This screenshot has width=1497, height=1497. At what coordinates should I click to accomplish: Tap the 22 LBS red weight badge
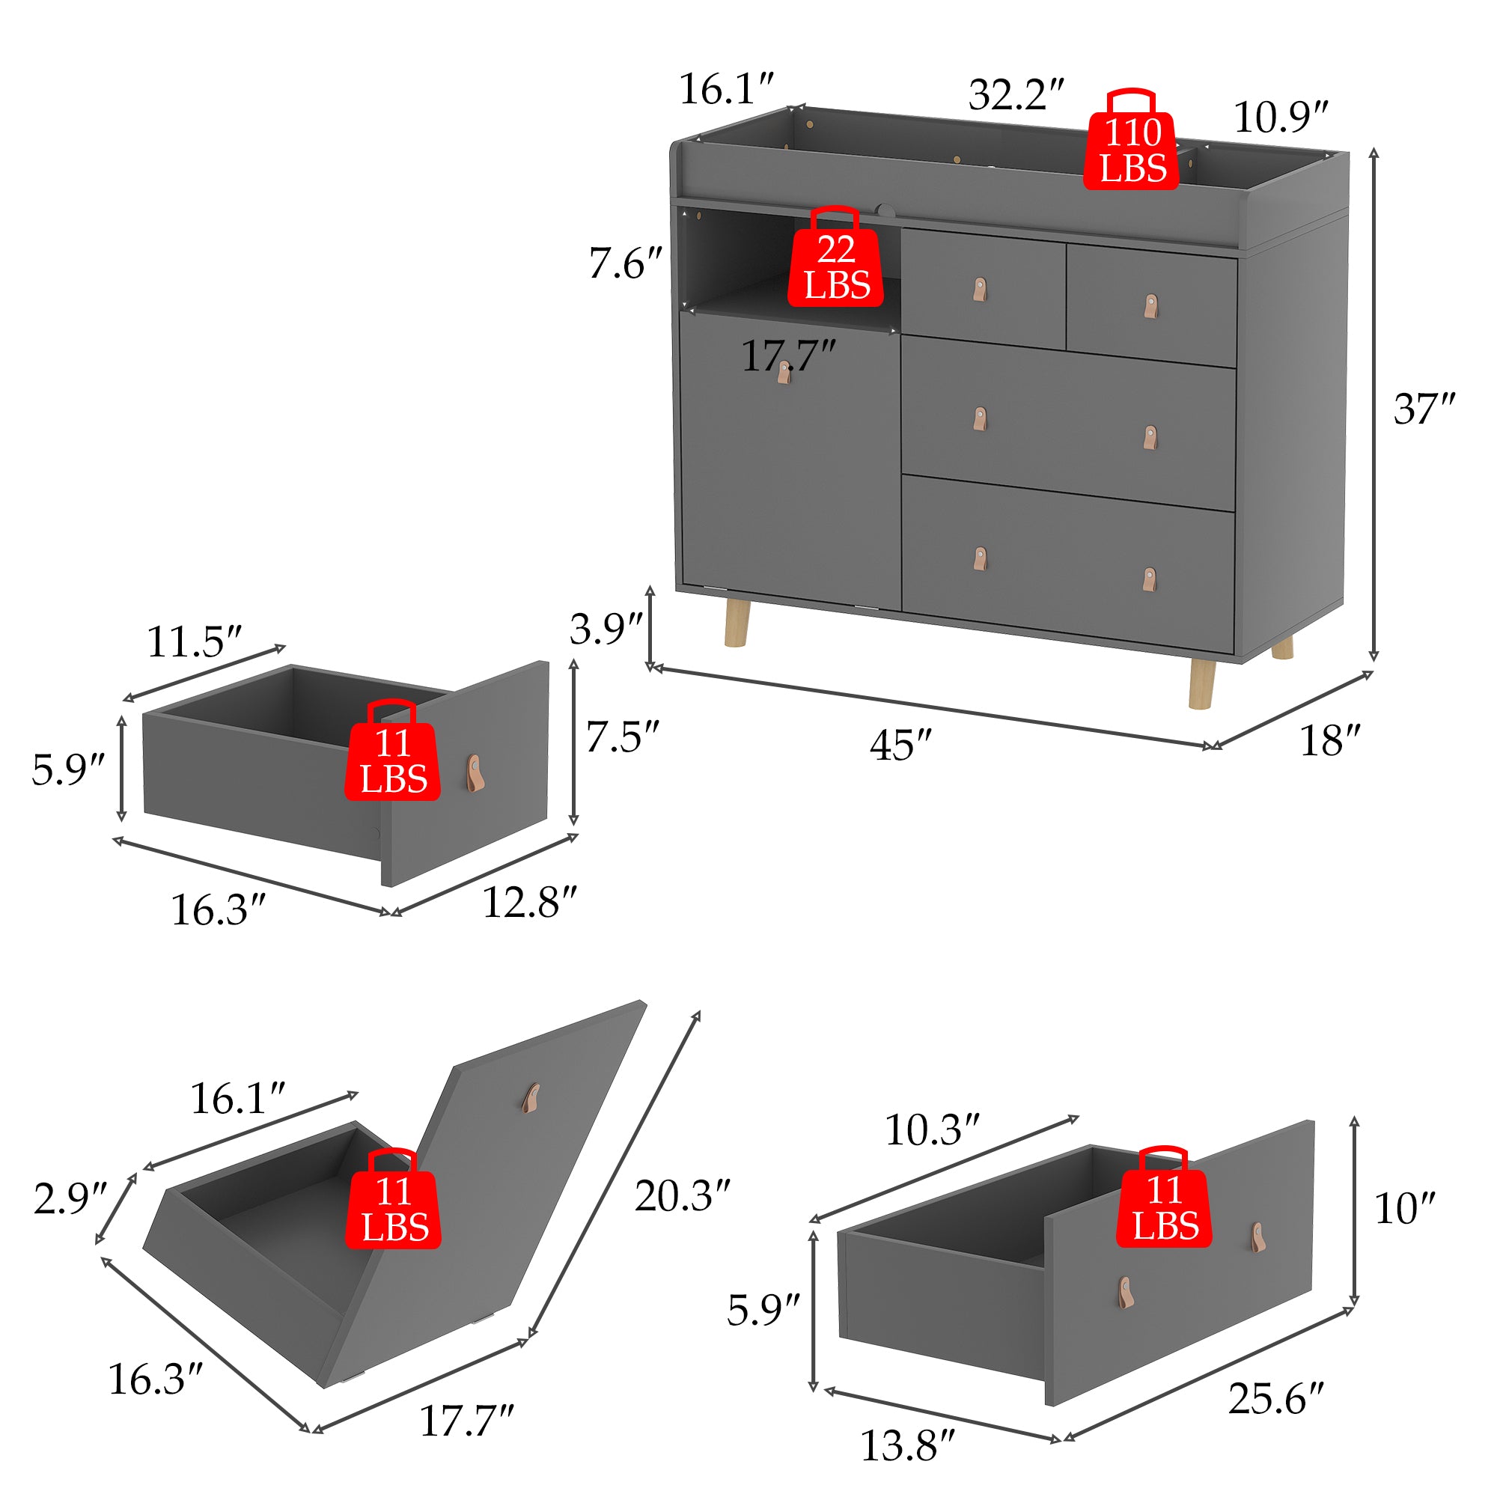pos(835,257)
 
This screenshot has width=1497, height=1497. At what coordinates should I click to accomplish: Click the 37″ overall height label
pos(1424,409)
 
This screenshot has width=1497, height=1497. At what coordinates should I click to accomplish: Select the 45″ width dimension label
pos(900,746)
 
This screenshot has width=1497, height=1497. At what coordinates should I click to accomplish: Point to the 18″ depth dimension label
pos(1329,741)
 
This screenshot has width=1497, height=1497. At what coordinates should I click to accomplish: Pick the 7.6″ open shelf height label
pos(625,263)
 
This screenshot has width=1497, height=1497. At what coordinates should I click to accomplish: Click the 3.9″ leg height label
pos(607,629)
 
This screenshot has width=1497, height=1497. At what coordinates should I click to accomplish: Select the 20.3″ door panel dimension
pos(683,1196)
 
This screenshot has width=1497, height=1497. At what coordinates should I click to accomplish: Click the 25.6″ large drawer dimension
pos(1276,1399)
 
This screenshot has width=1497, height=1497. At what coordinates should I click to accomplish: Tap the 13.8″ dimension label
pos(908,1446)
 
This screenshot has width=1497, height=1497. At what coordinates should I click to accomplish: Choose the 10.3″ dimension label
pos(932,1130)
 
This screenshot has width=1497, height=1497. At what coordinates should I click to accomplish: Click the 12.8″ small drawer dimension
pos(530,903)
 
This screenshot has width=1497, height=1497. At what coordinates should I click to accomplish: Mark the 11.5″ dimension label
pos(195,641)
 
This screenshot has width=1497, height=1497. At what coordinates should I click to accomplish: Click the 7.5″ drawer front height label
pos(622,737)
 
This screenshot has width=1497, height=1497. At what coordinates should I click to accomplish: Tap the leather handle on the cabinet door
pos(784,373)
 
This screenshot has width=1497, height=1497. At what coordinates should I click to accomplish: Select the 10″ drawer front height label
pos(1405,1208)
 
